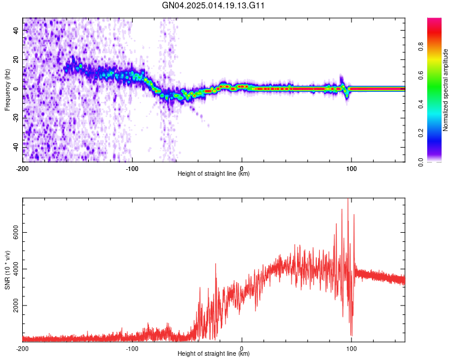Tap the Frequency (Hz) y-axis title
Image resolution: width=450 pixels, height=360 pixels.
tap(7, 89)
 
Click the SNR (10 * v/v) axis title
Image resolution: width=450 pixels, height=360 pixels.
tap(7, 269)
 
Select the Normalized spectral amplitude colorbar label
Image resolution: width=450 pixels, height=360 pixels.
tap(446, 90)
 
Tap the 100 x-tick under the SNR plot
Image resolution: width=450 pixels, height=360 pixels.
tap(352, 348)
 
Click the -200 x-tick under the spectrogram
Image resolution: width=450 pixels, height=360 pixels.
tap(23, 168)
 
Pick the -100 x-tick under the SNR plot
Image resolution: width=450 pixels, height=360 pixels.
tap(132, 348)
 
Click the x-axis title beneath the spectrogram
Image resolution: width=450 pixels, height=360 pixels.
tap(214, 174)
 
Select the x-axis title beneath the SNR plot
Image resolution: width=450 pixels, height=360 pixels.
tap(214, 354)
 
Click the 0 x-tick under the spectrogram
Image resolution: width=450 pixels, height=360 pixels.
tap(242, 168)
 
